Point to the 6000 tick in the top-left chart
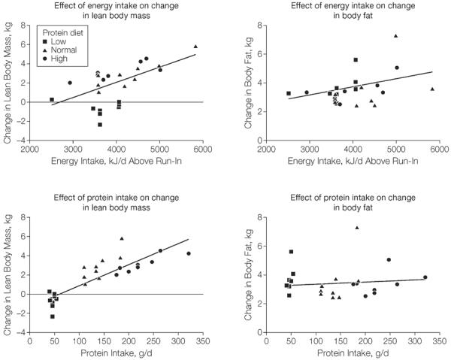pyautogui.click(x=202, y=149)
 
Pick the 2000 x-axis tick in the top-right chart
pyautogui.click(x=266, y=149)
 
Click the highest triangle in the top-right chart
pyautogui.click(x=395, y=35)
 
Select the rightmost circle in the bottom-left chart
pyautogui.click(x=189, y=253)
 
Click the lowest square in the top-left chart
pyautogui.click(x=99, y=124)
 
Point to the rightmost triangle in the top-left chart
pyautogui.click(x=195, y=47)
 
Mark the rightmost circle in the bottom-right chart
pyautogui.click(x=425, y=277)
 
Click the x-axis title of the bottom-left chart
pyautogui.click(x=116, y=351)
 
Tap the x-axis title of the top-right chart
pyautogui.click(x=351, y=160)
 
